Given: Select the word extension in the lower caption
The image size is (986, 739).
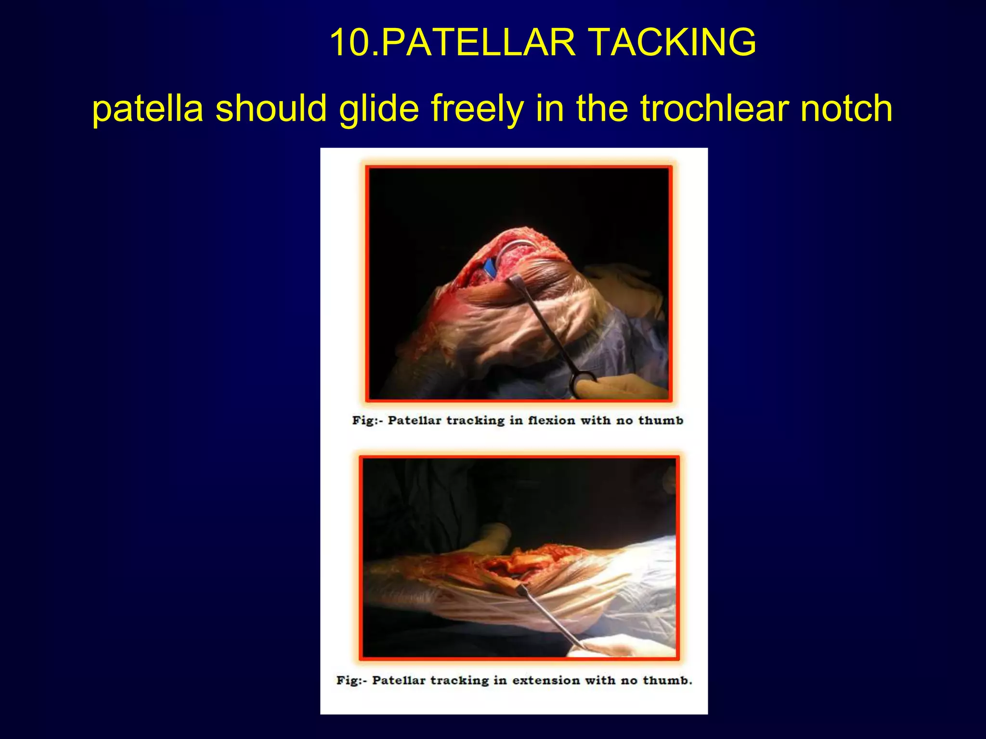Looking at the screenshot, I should [x=546, y=680].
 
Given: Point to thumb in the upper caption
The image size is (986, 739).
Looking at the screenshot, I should [x=661, y=420].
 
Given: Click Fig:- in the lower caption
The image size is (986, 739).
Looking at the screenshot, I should [x=351, y=680].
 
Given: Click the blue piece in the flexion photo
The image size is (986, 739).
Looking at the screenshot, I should [x=490, y=266].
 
